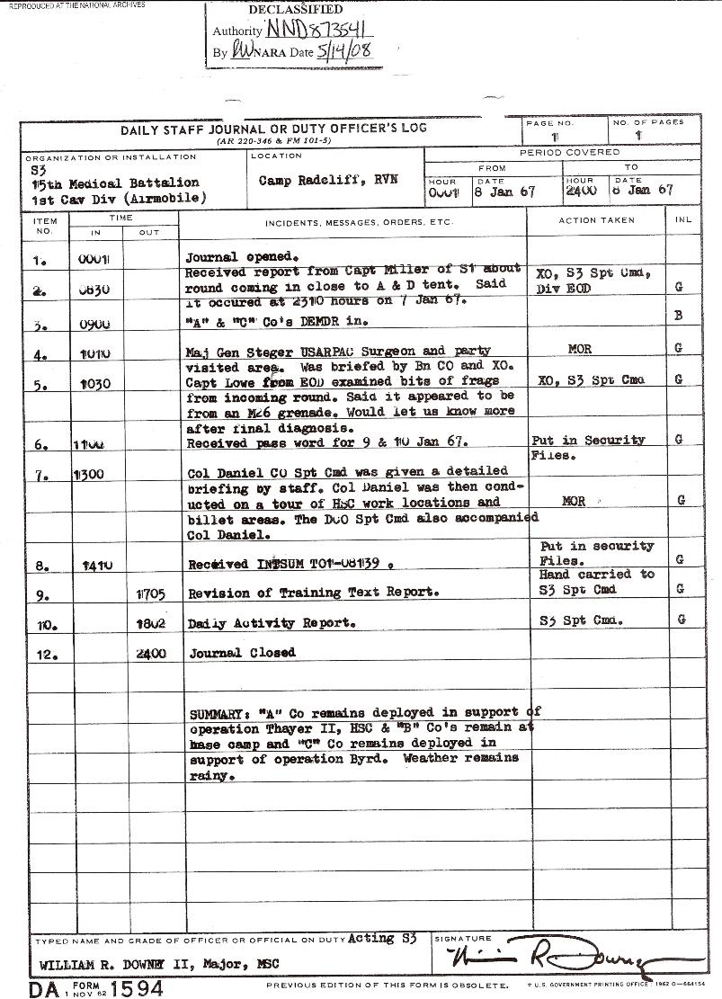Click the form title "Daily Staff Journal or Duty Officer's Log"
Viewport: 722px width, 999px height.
(274, 129)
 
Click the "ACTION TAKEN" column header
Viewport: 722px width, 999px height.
(596, 220)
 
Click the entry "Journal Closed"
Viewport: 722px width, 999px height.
(242, 653)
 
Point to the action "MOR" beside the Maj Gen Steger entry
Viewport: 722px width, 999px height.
(580, 349)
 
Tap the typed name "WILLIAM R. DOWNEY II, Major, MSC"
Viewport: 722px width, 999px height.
(159, 965)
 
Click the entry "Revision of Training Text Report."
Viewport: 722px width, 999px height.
(313, 593)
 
